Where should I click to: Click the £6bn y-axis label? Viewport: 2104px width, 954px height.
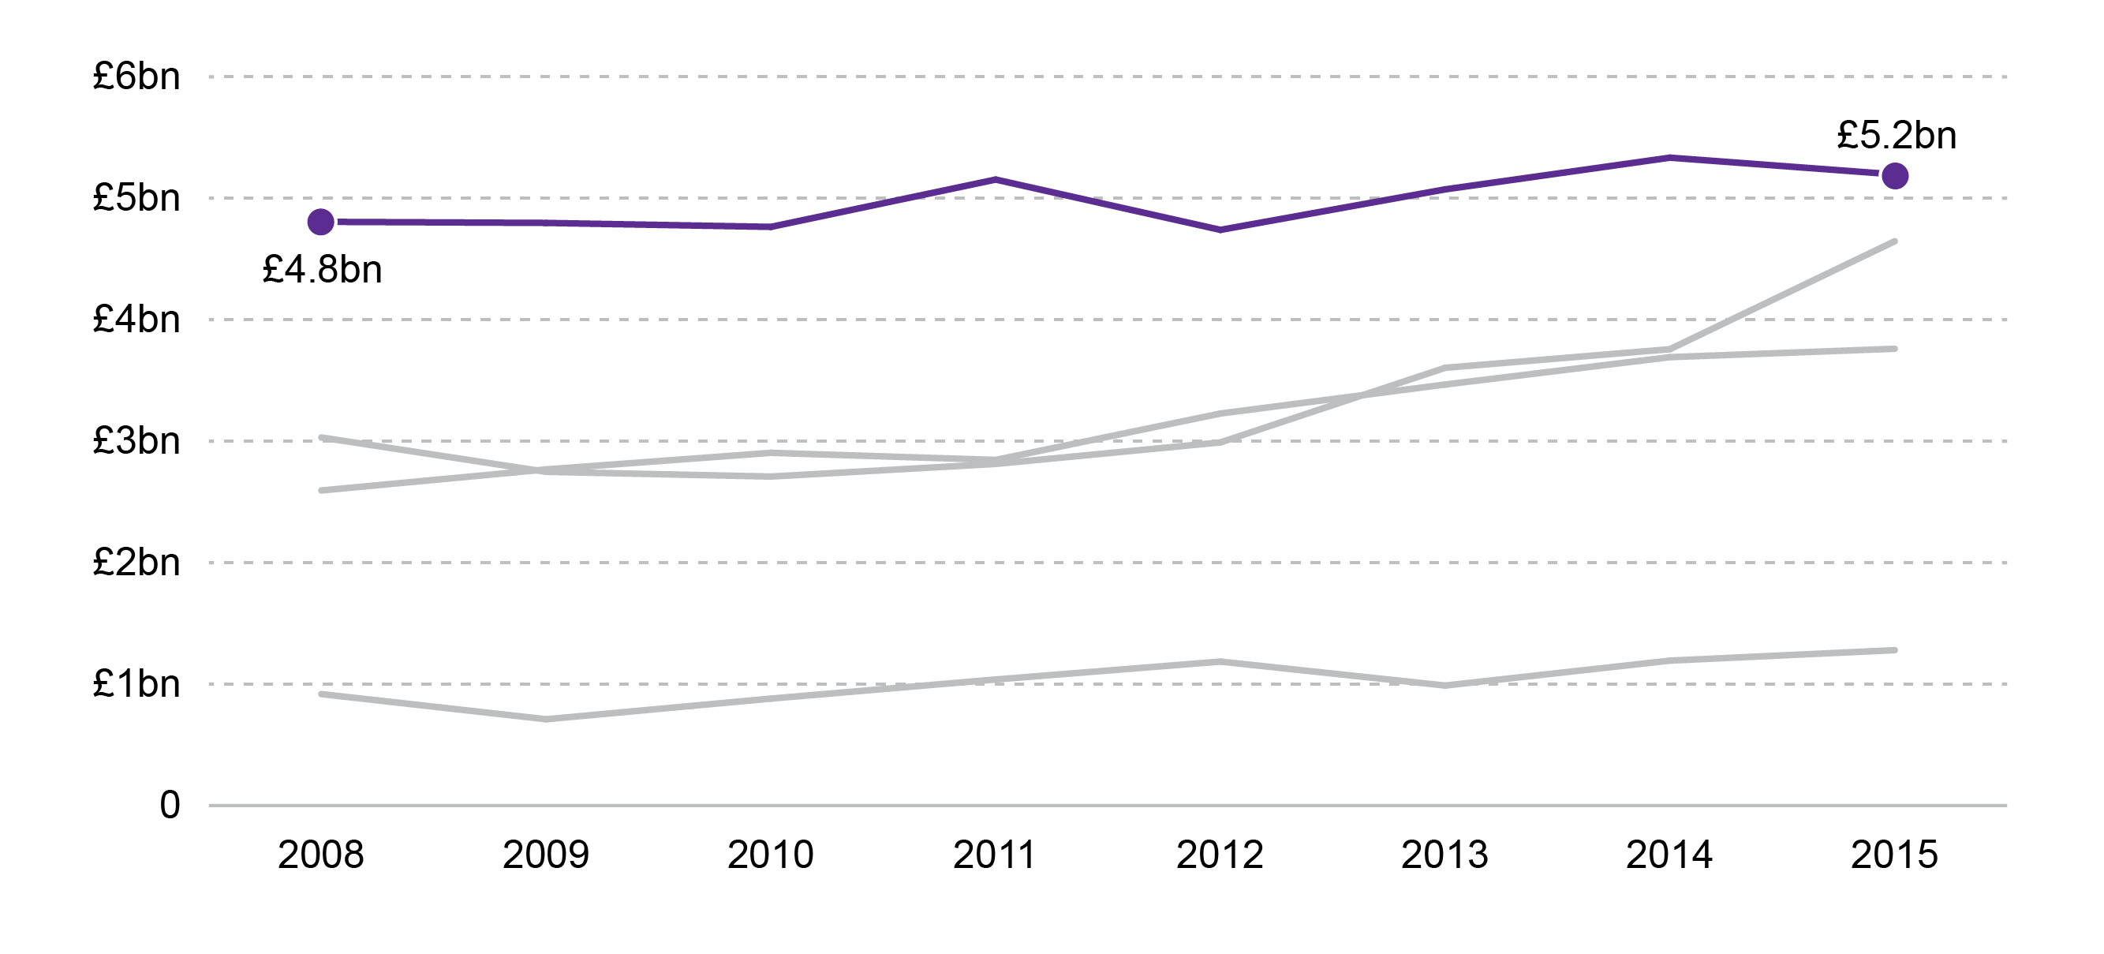136,77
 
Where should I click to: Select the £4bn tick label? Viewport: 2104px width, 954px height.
136,320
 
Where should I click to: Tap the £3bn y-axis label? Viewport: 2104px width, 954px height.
136,441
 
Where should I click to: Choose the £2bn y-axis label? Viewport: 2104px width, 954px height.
136,563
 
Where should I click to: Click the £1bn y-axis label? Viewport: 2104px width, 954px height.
136,683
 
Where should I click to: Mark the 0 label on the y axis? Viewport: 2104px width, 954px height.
170,806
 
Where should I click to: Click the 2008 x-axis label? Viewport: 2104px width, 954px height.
321,855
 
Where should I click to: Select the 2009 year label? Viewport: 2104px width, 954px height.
546,855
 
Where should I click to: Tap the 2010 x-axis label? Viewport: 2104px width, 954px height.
770,855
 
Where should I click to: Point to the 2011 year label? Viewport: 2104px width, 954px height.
995,855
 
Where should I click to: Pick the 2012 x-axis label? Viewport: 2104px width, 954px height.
1220,855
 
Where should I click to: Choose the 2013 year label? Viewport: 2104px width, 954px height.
1444,855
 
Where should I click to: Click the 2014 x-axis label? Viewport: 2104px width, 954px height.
1669,855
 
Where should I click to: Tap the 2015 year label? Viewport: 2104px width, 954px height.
1894,855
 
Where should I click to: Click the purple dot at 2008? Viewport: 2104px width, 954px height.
321,222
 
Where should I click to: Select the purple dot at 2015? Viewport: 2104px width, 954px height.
1895,176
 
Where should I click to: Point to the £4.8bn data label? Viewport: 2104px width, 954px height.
322,271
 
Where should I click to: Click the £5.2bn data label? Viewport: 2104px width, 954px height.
1897,136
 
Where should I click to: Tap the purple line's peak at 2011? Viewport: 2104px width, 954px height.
996,179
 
